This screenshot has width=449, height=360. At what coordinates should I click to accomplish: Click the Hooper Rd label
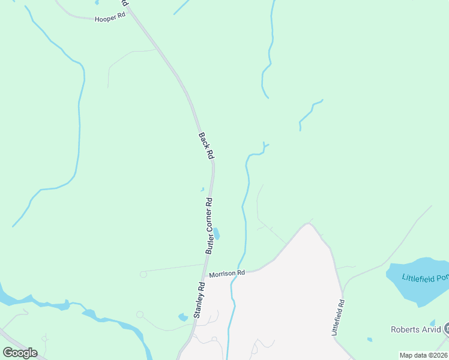(x=110, y=19)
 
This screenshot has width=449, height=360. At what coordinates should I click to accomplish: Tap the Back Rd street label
(x=206, y=146)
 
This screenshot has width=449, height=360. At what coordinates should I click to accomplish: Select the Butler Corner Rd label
(x=209, y=226)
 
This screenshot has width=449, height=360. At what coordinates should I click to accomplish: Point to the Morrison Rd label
(x=228, y=273)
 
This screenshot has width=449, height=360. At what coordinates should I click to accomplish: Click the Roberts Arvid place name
(x=415, y=329)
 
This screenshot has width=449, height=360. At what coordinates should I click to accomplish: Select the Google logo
(x=20, y=353)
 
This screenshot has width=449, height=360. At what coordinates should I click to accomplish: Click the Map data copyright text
(x=423, y=355)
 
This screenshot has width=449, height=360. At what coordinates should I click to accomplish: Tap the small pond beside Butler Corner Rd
(x=216, y=233)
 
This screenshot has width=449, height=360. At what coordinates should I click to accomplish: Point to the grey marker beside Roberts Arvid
(x=447, y=329)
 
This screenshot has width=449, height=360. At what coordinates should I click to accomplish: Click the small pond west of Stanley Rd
(x=183, y=317)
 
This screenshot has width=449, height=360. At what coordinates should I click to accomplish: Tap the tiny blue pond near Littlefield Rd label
(x=369, y=340)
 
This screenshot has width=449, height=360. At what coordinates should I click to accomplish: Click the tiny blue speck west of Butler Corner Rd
(x=202, y=190)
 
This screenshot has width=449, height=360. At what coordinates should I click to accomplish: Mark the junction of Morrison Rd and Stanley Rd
(x=204, y=277)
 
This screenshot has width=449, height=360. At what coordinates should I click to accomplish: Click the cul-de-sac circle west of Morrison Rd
(x=143, y=274)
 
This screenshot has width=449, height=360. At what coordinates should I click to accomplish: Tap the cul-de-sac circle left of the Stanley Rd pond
(x=140, y=314)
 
